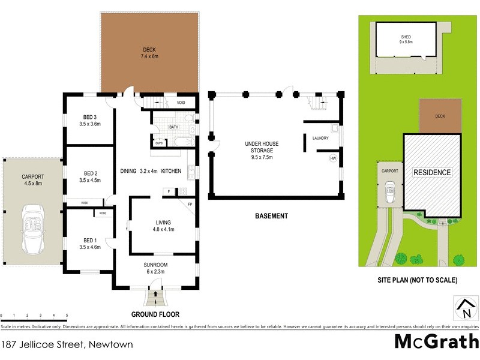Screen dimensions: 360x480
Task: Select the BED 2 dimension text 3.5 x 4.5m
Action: coord(89,180)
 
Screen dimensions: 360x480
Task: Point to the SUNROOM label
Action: coord(155,265)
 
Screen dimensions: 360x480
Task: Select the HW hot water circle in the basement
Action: coord(332,158)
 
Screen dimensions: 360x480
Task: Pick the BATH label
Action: coord(174,127)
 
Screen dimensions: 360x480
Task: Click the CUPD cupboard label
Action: coord(159,143)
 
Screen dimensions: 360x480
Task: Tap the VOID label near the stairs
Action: coord(181,103)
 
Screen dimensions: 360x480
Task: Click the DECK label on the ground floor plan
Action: coord(149,49)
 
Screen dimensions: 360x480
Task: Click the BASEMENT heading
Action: coord(271,216)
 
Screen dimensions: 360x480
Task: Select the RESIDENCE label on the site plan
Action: coord(432,173)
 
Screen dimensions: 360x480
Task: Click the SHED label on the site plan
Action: coord(406,37)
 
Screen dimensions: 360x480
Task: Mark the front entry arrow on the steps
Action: coord(157,294)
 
